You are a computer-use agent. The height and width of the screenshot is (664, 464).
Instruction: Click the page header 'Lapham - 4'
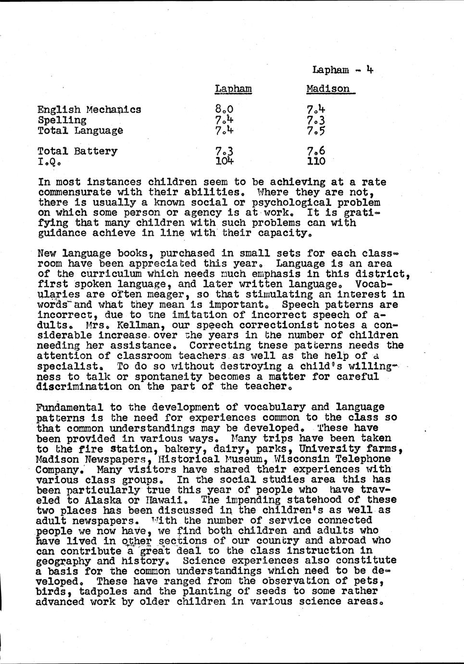click(343, 70)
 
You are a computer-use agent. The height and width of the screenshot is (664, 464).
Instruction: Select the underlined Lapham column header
click(233, 89)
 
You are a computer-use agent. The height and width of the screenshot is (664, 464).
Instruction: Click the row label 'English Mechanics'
click(89, 109)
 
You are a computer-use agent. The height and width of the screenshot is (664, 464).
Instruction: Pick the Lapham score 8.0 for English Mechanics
click(224, 109)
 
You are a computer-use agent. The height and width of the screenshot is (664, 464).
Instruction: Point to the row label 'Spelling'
click(63, 120)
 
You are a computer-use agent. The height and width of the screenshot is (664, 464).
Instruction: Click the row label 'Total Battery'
click(77, 151)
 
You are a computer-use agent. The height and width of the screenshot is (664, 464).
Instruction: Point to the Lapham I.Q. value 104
click(225, 161)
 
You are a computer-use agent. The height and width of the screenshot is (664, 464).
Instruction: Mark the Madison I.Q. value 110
click(316, 161)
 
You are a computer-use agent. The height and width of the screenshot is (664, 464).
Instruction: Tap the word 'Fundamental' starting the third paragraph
click(69, 408)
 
